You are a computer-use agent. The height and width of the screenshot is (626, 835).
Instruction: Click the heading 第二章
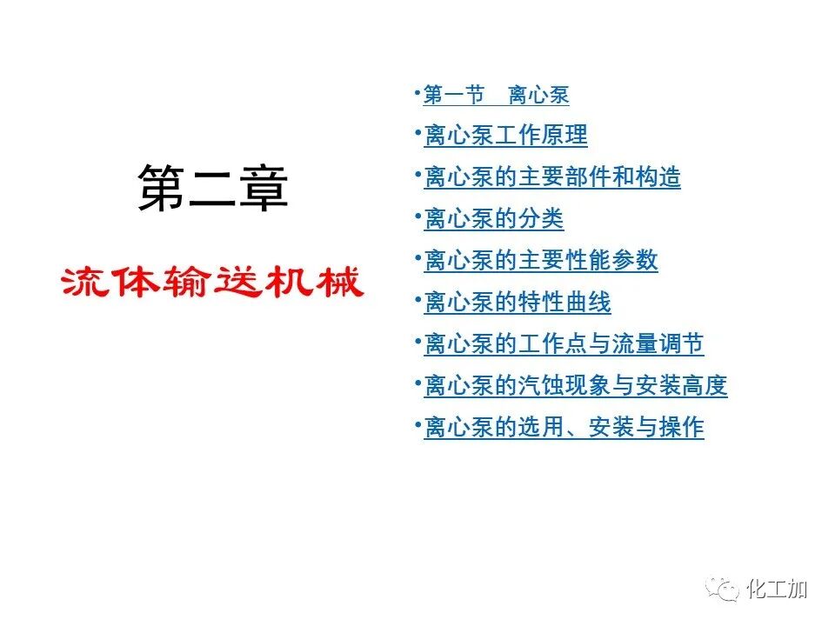[213, 189]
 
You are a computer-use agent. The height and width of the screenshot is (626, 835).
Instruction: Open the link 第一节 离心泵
[496, 95]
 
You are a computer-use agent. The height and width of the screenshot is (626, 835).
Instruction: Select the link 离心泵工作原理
[505, 136]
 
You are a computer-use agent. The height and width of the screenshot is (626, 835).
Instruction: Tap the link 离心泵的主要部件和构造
[551, 177]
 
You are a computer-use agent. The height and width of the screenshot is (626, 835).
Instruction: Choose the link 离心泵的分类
[493, 219]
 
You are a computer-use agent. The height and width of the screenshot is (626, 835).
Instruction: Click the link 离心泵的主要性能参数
[540, 261]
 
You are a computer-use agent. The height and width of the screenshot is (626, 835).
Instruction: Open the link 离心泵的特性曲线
[517, 303]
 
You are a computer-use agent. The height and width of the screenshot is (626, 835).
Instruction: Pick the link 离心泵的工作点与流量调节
[564, 344]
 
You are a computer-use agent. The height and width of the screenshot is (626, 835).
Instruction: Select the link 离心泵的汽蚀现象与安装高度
[575, 386]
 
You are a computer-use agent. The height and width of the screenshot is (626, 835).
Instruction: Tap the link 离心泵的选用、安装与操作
[564, 428]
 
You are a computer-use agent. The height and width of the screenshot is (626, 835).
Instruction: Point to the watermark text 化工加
[778, 589]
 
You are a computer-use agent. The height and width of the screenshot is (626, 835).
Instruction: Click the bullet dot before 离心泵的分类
[418, 213]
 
